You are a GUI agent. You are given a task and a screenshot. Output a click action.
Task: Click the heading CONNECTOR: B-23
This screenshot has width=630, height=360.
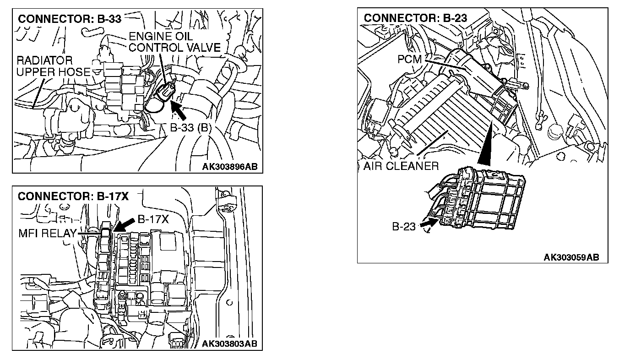pos(415,18)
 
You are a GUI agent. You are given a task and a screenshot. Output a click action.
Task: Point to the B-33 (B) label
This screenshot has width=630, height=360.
pos(190,128)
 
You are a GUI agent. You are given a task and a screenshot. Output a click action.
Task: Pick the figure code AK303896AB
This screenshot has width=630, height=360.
pos(230,167)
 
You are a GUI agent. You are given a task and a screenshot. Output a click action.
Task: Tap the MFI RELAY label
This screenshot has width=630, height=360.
pos(47,233)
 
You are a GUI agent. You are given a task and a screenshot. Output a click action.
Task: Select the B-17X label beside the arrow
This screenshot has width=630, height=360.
pos(153,219)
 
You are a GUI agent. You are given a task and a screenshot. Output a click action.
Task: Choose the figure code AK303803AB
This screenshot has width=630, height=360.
pos(230,344)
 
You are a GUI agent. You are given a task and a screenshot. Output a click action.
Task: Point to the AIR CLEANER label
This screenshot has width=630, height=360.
pos(401,166)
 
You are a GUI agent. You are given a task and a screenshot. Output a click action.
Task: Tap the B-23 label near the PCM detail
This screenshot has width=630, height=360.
pos(403,226)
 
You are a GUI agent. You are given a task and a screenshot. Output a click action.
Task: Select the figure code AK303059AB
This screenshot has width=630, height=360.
pos(571,257)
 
